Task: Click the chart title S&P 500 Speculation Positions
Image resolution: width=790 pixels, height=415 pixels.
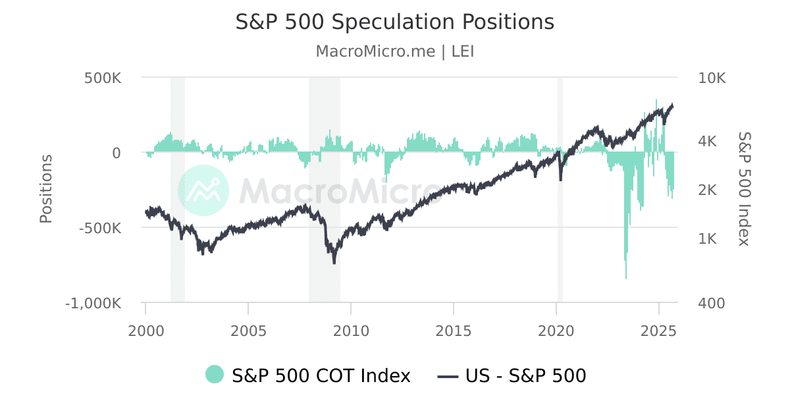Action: point(395,22)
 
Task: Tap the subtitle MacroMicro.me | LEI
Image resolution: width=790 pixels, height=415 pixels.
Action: point(395,51)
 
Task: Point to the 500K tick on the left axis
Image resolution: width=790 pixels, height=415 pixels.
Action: point(103,78)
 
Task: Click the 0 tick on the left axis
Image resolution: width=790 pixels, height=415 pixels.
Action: point(116,153)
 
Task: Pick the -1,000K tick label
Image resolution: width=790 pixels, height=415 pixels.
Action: point(93,304)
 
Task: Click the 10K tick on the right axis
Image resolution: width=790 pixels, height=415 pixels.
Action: point(712,78)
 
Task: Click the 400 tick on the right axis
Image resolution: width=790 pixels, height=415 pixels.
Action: point(711,304)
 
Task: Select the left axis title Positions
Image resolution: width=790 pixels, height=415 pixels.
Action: point(45,189)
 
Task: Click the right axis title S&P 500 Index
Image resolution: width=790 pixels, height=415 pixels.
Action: point(744,189)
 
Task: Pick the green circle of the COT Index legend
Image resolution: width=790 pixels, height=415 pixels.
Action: point(215,375)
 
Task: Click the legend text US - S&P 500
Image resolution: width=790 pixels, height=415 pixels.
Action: point(525,375)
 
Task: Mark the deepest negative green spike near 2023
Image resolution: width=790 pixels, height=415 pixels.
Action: point(625,277)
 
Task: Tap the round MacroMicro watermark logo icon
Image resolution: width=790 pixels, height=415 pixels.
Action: point(203,190)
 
